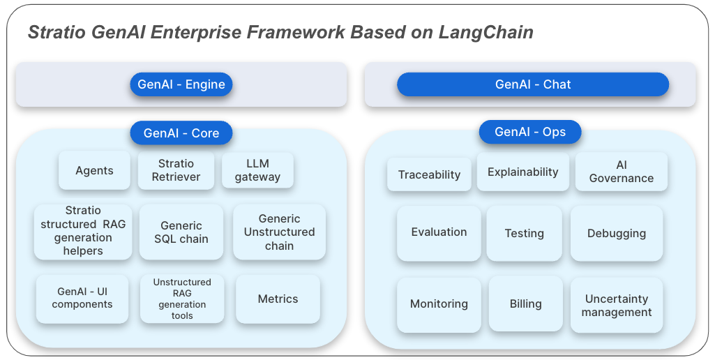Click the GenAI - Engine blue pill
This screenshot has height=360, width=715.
[181, 84]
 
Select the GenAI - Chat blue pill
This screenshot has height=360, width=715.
[533, 84]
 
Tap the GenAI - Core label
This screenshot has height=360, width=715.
[181, 133]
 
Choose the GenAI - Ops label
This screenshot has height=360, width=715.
[530, 132]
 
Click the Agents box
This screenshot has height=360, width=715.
[94, 170]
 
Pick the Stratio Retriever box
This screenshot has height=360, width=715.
[176, 170]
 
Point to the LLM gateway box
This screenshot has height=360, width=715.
[257, 170]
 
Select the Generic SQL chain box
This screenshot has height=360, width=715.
[181, 232]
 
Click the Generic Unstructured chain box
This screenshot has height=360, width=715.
[279, 232]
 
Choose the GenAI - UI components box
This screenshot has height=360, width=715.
[82, 299]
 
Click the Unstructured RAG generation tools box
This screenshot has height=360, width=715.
[182, 299]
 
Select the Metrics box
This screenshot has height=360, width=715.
[278, 299]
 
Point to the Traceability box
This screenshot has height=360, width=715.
[429, 174]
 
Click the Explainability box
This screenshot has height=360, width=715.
[522, 172]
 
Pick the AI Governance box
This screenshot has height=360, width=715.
[621, 172]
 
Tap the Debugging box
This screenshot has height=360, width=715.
[617, 233]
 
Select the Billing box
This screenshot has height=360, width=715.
[525, 303]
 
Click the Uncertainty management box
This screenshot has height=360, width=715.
[617, 305]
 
